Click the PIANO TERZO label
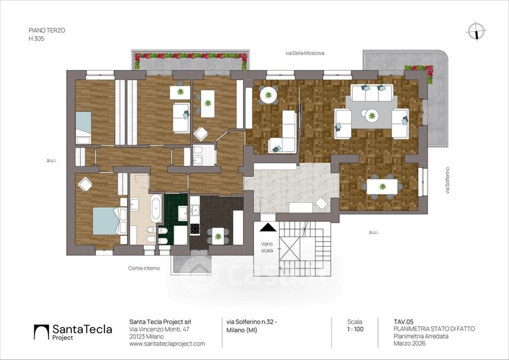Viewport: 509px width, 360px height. [46, 30]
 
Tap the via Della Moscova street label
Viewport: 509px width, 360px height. [305, 53]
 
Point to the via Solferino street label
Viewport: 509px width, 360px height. [447, 181]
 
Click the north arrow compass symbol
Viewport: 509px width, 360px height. [476, 32]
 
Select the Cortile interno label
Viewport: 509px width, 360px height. [144, 268]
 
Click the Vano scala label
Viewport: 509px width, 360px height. [267, 247]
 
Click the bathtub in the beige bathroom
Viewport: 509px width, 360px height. [156, 208]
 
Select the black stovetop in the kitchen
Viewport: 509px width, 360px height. [195, 229]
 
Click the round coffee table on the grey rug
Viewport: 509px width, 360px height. [372, 116]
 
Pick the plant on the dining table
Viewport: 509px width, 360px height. [382, 186]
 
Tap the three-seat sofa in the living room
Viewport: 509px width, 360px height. [372, 93]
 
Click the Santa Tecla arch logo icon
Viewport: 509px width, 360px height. [41, 332]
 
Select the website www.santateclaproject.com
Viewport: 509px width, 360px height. [167, 343]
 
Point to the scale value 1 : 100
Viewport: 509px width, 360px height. [355, 329]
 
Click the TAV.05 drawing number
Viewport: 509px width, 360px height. [403, 322]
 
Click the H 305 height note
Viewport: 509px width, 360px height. [36, 39]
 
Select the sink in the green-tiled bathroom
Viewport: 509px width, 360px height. [183, 213]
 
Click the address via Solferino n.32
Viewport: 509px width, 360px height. [251, 322]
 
